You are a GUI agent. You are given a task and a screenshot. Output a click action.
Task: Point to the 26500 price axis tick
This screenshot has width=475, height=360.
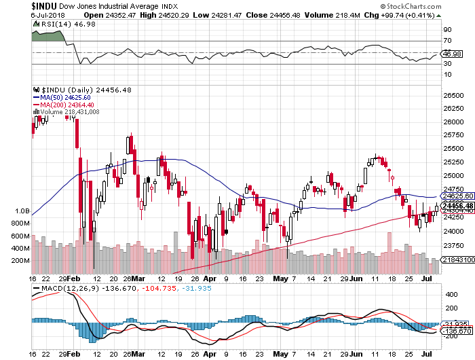[x=453, y=95]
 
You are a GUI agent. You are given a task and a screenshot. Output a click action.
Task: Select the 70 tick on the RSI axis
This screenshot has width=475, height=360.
[x=447, y=41]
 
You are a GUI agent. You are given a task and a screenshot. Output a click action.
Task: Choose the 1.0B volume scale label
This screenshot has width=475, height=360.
[x=22, y=211]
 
